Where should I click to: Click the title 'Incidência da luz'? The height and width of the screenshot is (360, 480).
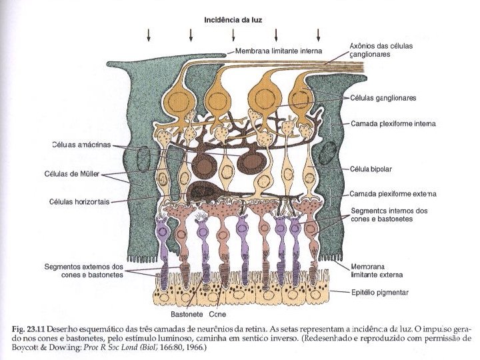233,20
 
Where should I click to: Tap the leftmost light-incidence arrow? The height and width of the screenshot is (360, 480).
149,35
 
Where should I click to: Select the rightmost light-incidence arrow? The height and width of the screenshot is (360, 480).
319,35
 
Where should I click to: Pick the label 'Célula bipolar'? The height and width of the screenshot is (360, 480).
373,169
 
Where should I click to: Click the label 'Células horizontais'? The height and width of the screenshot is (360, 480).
79,201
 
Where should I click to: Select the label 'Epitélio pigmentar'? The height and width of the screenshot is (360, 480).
381,292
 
